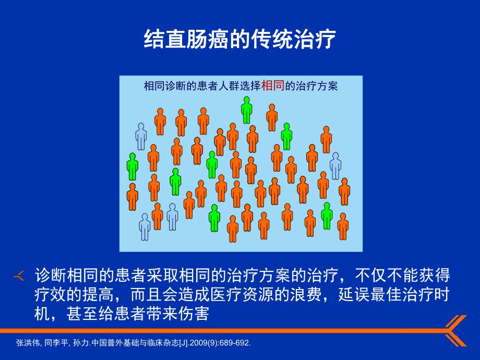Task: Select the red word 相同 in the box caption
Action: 273,85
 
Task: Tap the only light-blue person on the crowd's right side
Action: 335,165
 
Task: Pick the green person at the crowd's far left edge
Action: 133,166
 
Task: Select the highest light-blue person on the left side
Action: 141,136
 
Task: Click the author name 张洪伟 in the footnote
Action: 27,343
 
